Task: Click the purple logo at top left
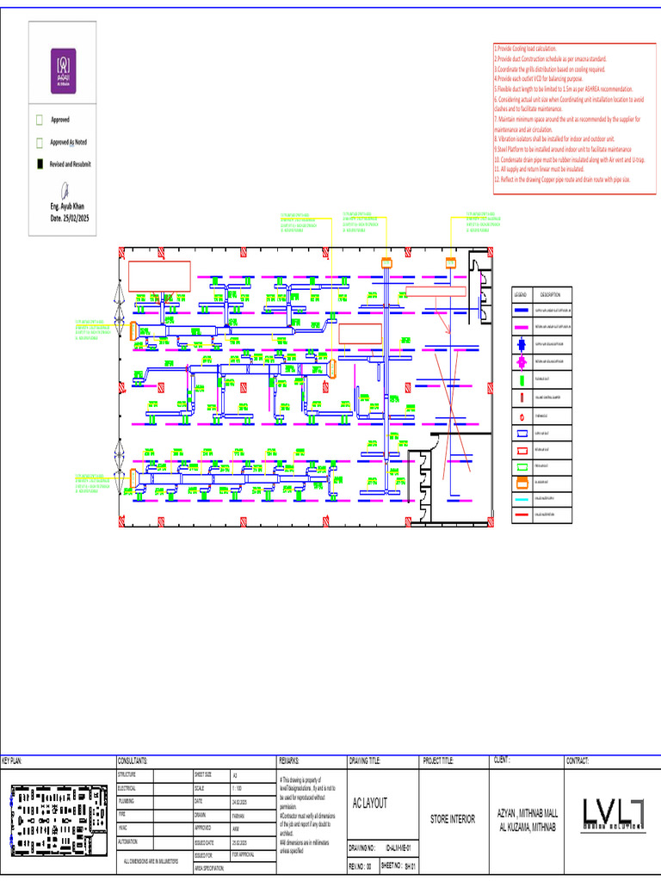click(x=63, y=71)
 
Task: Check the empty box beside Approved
click(x=39, y=120)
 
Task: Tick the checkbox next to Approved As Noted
click(x=39, y=142)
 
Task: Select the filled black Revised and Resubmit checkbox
click(x=39, y=163)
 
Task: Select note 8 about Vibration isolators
click(x=554, y=139)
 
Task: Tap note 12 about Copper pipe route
click(x=562, y=180)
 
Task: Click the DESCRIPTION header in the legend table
click(x=550, y=294)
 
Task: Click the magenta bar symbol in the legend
click(x=522, y=326)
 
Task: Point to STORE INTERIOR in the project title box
click(x=453, y=819)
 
